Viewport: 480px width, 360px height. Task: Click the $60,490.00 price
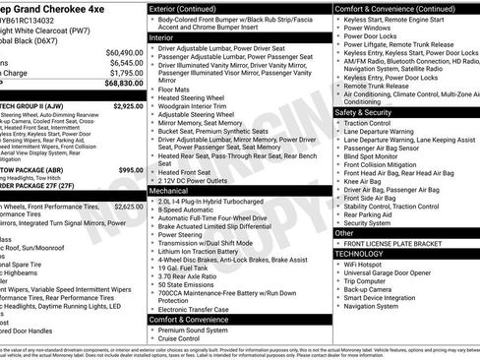pos(124,52)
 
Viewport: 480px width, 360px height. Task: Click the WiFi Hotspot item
pos(370,264)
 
